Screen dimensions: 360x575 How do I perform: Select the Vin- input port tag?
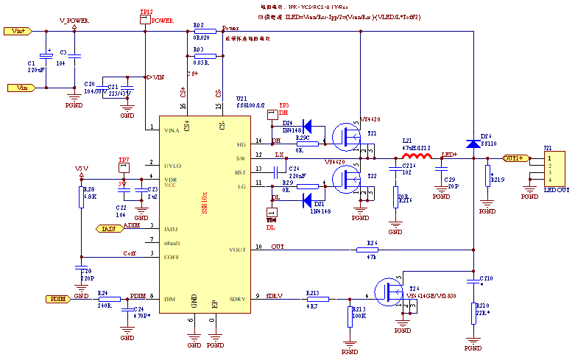point(21,88)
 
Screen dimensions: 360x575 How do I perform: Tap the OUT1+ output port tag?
point(515,158)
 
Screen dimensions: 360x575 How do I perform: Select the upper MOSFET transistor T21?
point(346,135)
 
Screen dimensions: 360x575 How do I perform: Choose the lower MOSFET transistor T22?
point(346,178)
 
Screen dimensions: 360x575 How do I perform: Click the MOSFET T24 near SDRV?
point(387,292)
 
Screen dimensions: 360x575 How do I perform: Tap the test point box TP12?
point(144,19)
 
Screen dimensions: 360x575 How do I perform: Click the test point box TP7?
point(124,167)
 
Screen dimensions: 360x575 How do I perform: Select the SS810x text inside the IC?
point(205,200)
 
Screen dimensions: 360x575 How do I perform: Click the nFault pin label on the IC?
point(172,243)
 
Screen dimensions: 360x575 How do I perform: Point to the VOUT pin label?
point(237,250)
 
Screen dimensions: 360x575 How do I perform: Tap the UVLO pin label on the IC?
point(172,166)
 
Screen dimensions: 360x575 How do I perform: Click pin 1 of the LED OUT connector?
point(549,158)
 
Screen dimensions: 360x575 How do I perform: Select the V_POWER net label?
point(74,21)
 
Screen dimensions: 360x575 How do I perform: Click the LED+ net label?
point(449,155)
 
